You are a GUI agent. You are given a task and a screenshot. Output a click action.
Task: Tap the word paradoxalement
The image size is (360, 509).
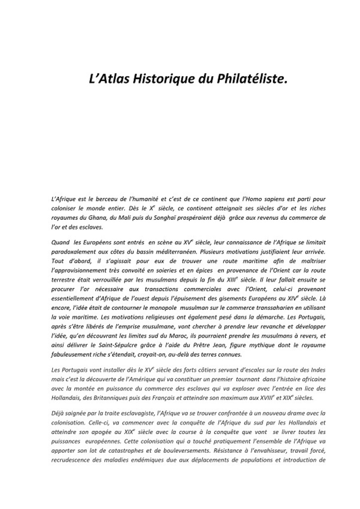tap(74, 252)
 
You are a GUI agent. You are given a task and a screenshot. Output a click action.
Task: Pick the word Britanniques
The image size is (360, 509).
tap(115, 398)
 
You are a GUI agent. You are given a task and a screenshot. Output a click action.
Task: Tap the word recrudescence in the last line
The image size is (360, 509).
tap(72, 460)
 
